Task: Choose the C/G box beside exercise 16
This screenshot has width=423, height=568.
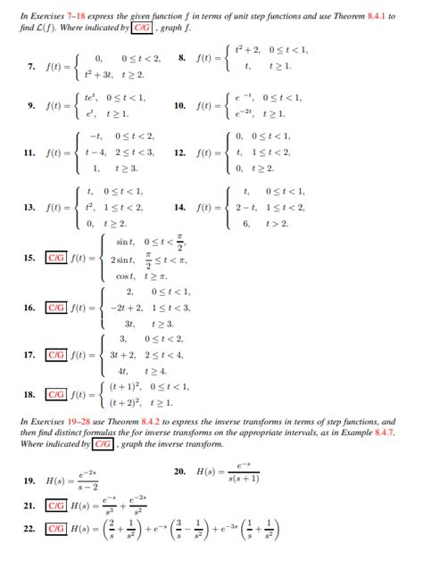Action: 58,308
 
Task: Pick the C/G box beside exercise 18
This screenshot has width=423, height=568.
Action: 58,393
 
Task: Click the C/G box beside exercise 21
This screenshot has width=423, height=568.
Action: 58,506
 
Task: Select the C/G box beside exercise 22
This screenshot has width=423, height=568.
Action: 58,530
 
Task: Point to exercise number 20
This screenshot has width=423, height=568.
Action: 180,470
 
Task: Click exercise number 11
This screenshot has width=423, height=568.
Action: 30,152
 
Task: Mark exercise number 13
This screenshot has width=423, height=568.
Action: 30,207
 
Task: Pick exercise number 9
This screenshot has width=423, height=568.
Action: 31,105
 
